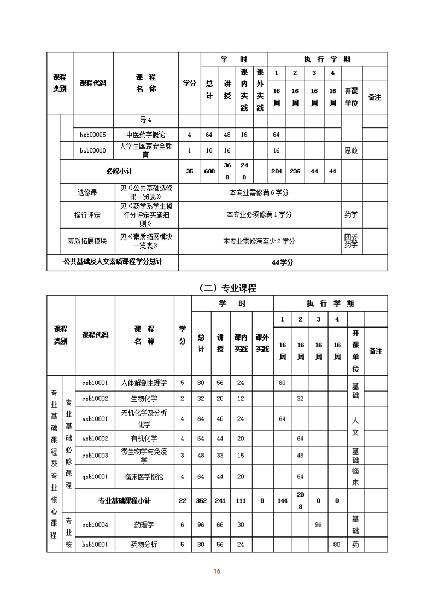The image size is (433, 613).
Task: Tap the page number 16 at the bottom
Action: click(x=217, y=571)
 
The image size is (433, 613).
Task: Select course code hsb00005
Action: click(x=93, y=135)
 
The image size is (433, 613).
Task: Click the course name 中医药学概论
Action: click(x=145, y=135)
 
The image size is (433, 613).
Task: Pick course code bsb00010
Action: click(x=93, y=150)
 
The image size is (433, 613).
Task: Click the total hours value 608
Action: click(x=209, y=171)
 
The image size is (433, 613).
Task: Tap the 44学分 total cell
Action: click(x=283, y=262)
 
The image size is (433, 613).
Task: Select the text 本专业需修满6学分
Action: click(x=259, y=192)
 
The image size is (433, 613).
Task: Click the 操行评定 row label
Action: click(x=87, y=215)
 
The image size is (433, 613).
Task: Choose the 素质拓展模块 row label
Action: click(x=87, y=241)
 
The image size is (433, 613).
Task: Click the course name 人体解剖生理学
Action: click(x=144, y=383)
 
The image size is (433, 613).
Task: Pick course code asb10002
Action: click(x=95, y=439)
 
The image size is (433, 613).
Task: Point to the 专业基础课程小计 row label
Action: click(x=124, y=500)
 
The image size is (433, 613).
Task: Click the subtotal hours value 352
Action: click(x=201, y=500)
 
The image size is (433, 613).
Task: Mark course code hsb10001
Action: click(x=95, y=545)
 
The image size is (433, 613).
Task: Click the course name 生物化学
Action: click(x=144, y=399)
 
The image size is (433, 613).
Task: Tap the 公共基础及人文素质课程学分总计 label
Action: click(x=113, y=262)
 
